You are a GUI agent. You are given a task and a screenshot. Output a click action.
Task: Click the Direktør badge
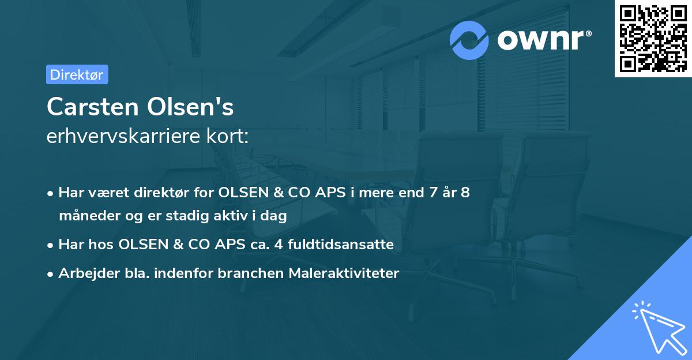tap(77, 74)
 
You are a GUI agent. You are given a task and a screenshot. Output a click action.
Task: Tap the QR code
tap(653, 39)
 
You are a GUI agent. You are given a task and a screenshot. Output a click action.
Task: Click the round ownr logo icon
tap(469, 40)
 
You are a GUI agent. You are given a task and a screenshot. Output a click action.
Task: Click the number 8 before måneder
tap(465, 193)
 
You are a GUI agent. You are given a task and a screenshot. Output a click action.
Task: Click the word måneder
tap(84, 216)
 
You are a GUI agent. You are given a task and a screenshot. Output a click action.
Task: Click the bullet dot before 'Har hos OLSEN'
tap(51, 245)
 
